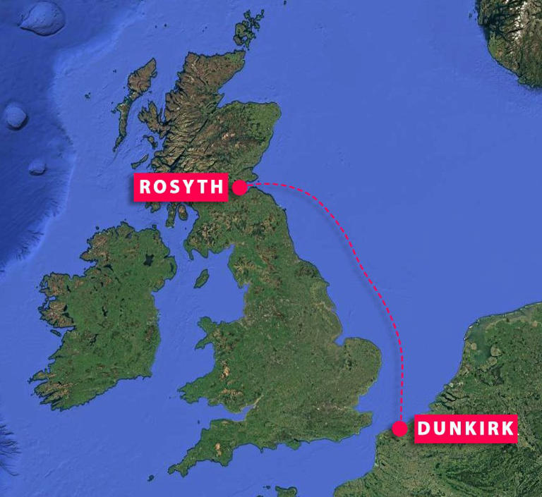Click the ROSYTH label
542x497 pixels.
[181, 188]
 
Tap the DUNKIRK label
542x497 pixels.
[466, 429]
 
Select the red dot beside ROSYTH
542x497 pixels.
[240, 188]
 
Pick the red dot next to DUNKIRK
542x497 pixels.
[399, 429]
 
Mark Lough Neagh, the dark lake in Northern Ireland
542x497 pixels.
[148, 259]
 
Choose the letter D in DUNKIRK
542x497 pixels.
[424, 429]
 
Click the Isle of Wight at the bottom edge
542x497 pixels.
[287, 491]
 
